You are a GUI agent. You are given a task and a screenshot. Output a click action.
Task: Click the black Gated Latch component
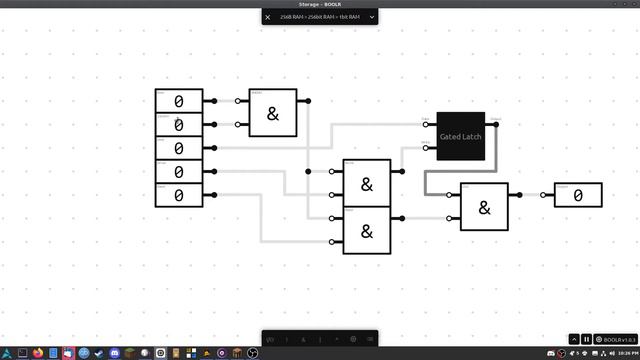click(x=461, y=136)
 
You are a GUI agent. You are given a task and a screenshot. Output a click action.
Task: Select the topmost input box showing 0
click(x=179, y=101)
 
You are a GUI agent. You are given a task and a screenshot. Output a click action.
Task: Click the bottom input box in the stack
click(x=179, y=194)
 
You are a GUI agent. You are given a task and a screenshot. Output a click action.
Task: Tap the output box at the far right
click(x=579, y=195)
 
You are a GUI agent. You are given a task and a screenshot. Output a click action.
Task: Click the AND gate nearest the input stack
click(x=273, y=114)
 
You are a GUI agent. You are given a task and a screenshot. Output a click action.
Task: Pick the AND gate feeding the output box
click(x=484, y=207)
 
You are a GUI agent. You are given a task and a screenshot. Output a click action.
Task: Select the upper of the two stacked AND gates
click(x=367, y=184)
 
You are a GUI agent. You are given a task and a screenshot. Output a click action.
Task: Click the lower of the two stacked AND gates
click(x=367, y=230)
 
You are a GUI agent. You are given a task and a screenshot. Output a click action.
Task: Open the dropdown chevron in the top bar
click(x=372, y=17)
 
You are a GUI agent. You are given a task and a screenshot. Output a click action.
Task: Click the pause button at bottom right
click(x=587, y=340)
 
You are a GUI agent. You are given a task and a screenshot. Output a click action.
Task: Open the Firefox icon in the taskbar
click(x=37, y=353)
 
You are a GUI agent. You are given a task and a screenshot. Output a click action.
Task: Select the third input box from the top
click(x=179, y=148)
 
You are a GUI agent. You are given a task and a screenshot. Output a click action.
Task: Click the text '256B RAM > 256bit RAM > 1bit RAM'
click(x=319, y=17)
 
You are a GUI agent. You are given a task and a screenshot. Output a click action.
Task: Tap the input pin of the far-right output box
click(x=544, y=195)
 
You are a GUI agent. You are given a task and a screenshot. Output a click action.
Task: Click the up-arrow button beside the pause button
click(x=574, y=340)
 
